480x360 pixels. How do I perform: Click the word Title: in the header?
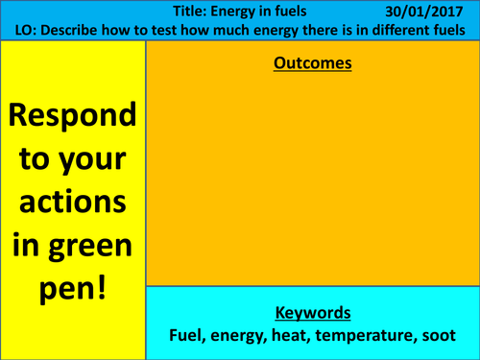pos(196,11)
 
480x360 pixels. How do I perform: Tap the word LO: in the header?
pos(28,30)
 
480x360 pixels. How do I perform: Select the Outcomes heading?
pos(312,64)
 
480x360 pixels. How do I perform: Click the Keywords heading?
pos(312,313)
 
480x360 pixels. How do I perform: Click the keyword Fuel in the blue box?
pos(187,337)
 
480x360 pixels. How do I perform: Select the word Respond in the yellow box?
pos(72,116)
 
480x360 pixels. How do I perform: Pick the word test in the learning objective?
pos(174,30)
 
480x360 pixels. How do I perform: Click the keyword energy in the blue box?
pos(240,337)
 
